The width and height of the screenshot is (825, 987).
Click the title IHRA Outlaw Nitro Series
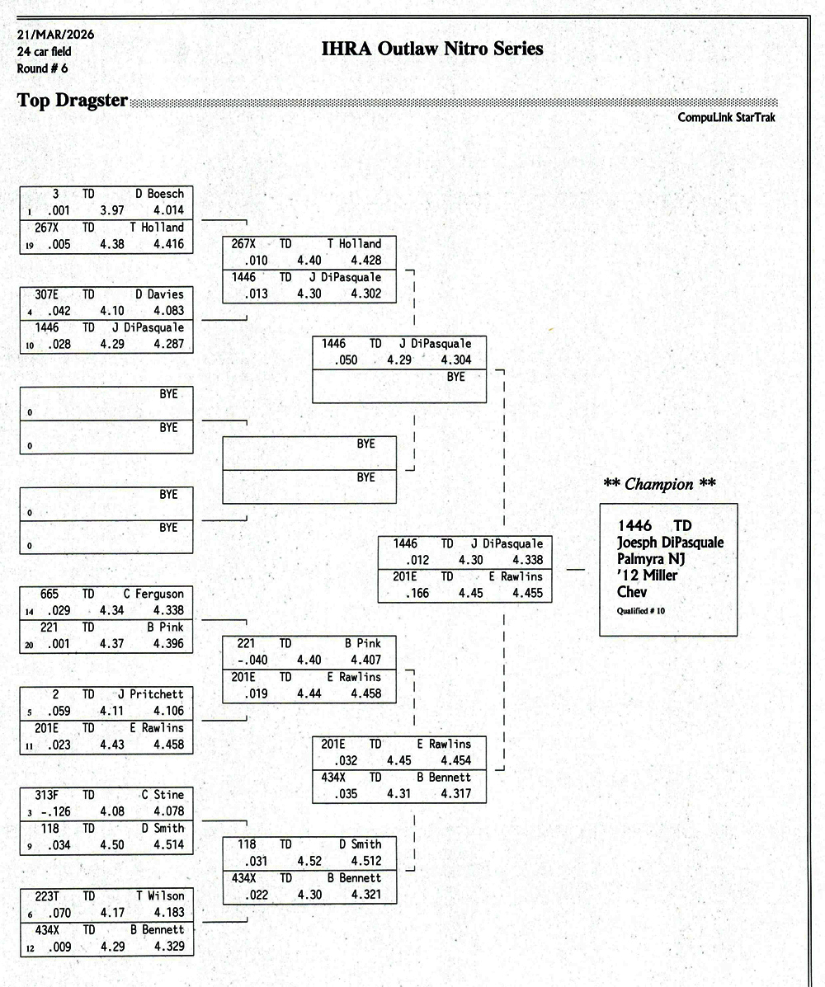point(432,49)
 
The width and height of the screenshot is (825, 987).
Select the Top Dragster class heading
point(73,101)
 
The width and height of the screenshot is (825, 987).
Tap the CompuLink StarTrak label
point(727,118)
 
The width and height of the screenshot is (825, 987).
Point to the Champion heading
point(660,484)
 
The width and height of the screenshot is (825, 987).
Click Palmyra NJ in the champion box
point(653,559)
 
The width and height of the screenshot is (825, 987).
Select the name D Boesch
point(165,194)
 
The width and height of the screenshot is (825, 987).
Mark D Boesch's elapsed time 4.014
point(168,210)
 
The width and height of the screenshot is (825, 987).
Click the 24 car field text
point(44,52)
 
